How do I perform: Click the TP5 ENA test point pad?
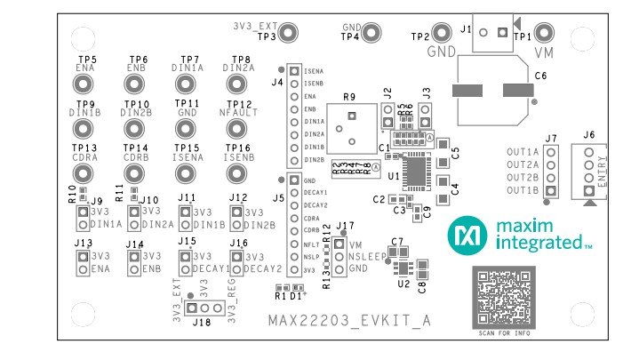point(84,84)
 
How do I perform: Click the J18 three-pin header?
point(204,308)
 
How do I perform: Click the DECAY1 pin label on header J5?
point(316,192)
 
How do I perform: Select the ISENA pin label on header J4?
point(314,70)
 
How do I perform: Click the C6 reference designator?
point(539,77)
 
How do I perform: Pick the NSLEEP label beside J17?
point(367,256)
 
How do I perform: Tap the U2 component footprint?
point(402,268)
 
